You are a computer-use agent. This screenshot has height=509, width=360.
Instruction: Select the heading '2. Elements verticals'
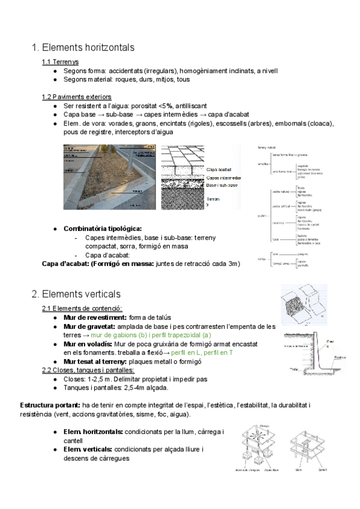(x=76, y=294)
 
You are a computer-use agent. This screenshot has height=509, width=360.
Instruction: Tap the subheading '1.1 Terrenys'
(x=60, y=62)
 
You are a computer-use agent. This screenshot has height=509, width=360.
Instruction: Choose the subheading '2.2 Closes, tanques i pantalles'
(x=88, y=370)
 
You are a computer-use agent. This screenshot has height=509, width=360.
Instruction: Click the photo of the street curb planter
(x=112, y=176)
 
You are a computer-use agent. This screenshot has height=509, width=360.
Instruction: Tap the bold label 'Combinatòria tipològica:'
(x=103, y=229)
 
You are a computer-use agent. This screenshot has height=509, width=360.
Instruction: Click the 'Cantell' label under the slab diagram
(x=323, y=469)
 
